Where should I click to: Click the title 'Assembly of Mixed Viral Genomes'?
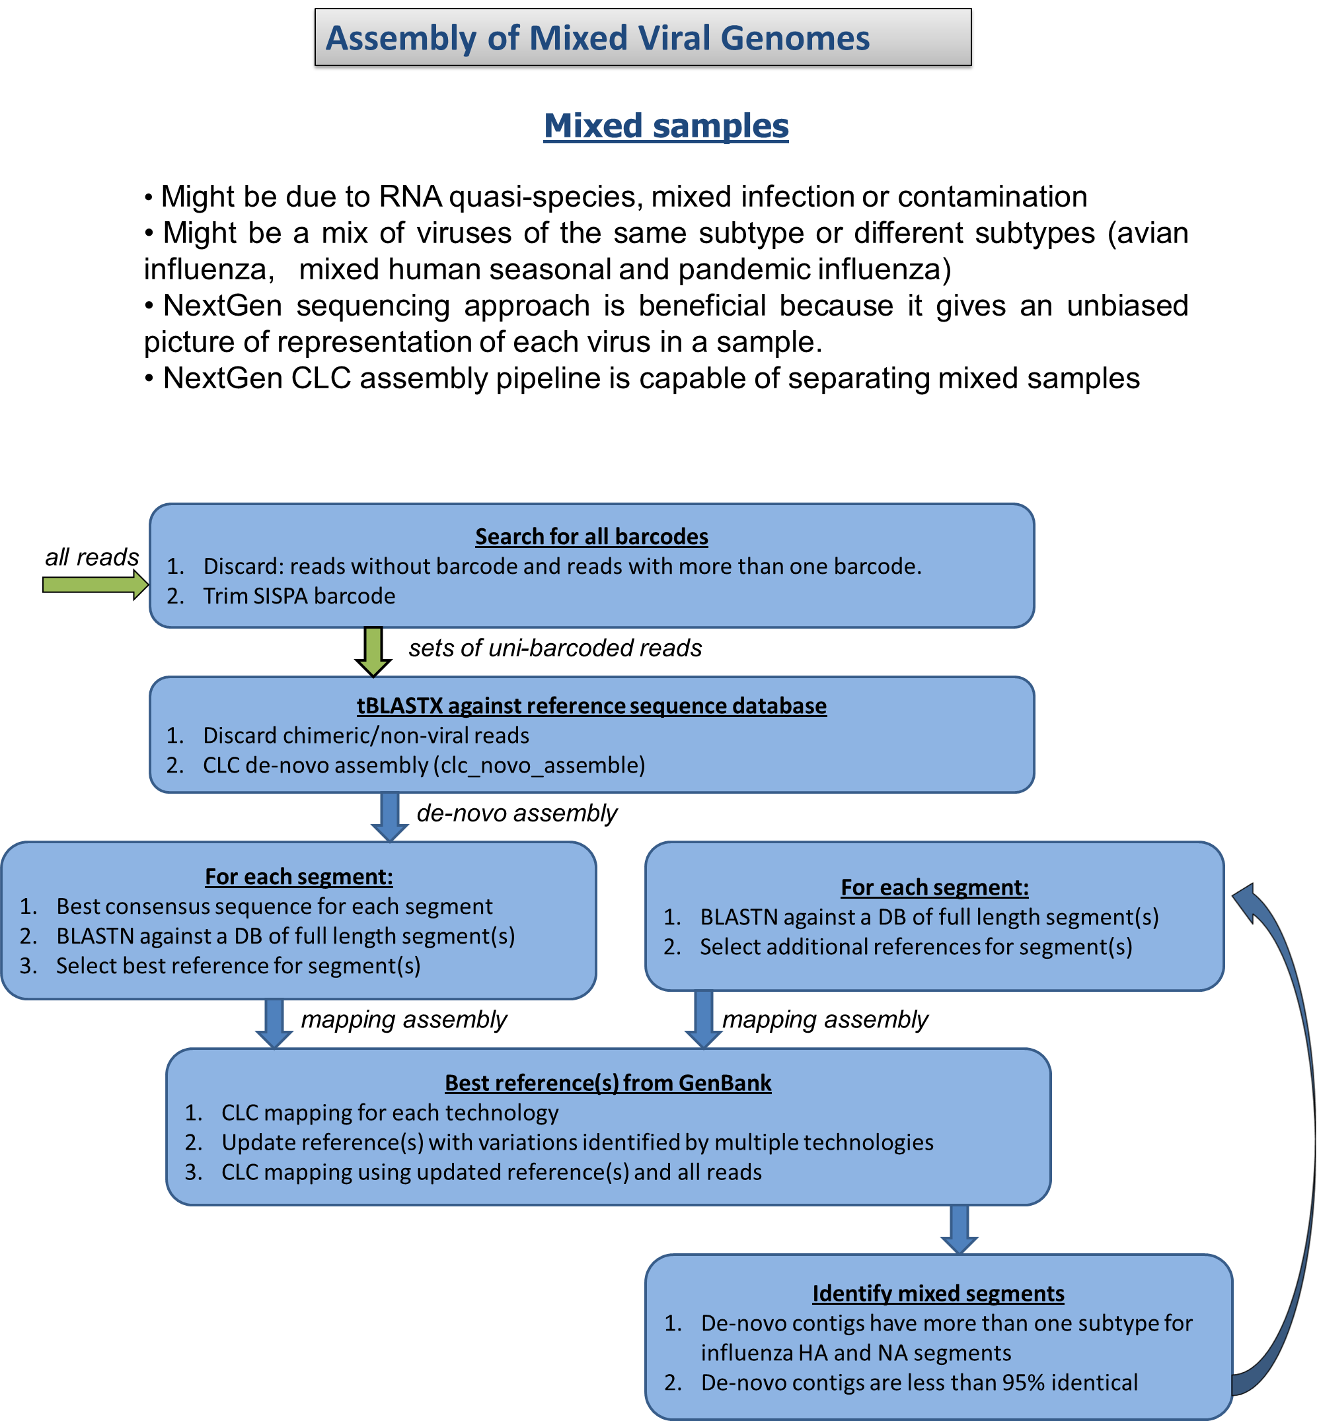[597, 38]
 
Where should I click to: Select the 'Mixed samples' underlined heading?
[665, 126]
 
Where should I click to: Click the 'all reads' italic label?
[92, 557]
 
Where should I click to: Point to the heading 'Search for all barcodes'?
[591, 536]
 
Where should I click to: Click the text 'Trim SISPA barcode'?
[299, 596]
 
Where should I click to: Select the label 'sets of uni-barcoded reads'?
[554, 648]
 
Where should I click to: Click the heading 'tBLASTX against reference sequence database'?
[591, 705]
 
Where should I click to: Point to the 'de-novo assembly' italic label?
[517, 814]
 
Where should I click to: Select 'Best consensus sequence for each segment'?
[274, 906]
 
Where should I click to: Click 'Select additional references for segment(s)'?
[916, 947]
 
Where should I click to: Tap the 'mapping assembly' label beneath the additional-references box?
[825, 1020]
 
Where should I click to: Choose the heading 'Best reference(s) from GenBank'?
[608, 1083]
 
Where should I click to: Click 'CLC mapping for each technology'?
[390, 1113]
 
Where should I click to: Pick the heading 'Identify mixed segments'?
[938, 1293]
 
